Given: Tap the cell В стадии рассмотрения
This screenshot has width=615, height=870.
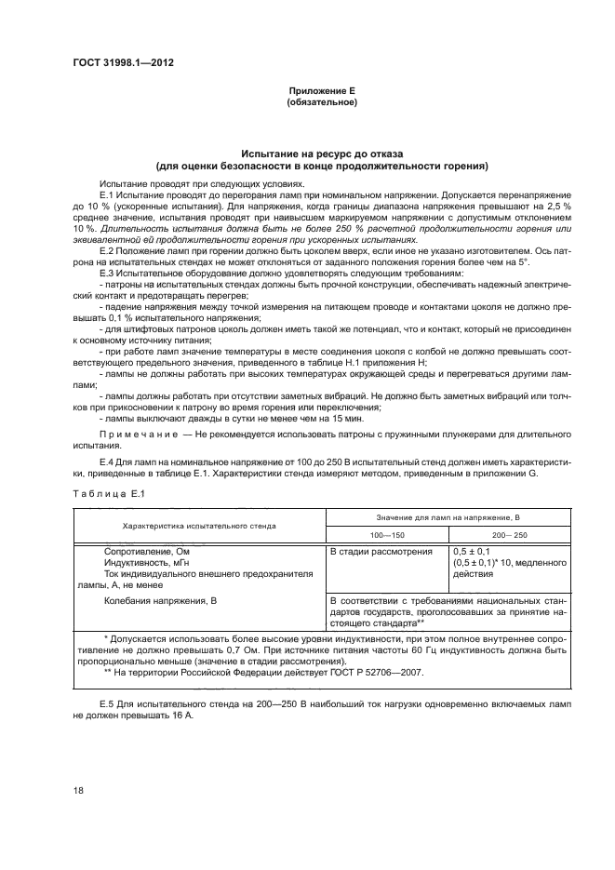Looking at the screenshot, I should coord(381,553).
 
